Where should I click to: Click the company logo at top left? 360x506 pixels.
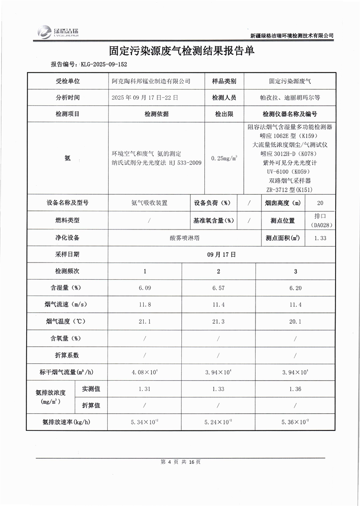(58, 31)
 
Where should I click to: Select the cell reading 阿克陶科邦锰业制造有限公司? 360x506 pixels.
(151, 81)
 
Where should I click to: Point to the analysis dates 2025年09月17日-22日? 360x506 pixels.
(145, 97)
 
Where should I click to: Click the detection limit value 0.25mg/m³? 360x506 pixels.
(224, 158)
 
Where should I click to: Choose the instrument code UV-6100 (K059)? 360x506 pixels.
(290, 172)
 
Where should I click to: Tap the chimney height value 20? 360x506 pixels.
(320, 203)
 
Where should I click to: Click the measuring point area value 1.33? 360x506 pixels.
(320, 238)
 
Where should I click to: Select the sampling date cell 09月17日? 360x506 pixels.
(222, 254)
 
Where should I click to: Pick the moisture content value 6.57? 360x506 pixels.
(218, 288)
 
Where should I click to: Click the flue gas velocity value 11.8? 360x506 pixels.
(145, 305)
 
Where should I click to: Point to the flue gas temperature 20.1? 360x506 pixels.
(295, 321)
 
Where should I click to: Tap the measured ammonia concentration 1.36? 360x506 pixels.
(295, 389)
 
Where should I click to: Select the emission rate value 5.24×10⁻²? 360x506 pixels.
(219, 422)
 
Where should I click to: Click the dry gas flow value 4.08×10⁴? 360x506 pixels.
(145, 372)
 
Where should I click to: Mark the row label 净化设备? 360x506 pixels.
(67, 238)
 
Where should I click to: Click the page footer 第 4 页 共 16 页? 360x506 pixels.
(180, 462)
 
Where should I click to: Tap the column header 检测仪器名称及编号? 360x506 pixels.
(290, 114)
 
